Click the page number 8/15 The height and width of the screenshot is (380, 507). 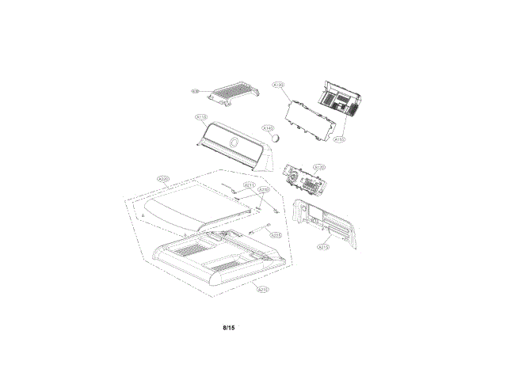[x=229, y=327]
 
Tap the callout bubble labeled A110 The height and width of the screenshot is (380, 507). [x=201, y=118]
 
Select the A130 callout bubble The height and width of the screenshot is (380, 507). [x=278, y=84]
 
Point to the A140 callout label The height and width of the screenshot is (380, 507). [x=268, y=128]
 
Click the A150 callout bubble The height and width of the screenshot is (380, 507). [x=339, y=139]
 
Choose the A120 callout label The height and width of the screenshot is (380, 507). [x=320, y=168]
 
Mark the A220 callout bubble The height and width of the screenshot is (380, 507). [x=163, y=179]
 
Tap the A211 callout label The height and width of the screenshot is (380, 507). [x=250, y=185]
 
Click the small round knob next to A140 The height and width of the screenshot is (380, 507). [x=277, y=137]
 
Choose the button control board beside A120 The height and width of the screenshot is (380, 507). [x=302, y=180]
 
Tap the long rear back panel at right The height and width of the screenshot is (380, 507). [x=326, y=222]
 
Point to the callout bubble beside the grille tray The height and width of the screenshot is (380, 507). [x=195, y=92]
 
